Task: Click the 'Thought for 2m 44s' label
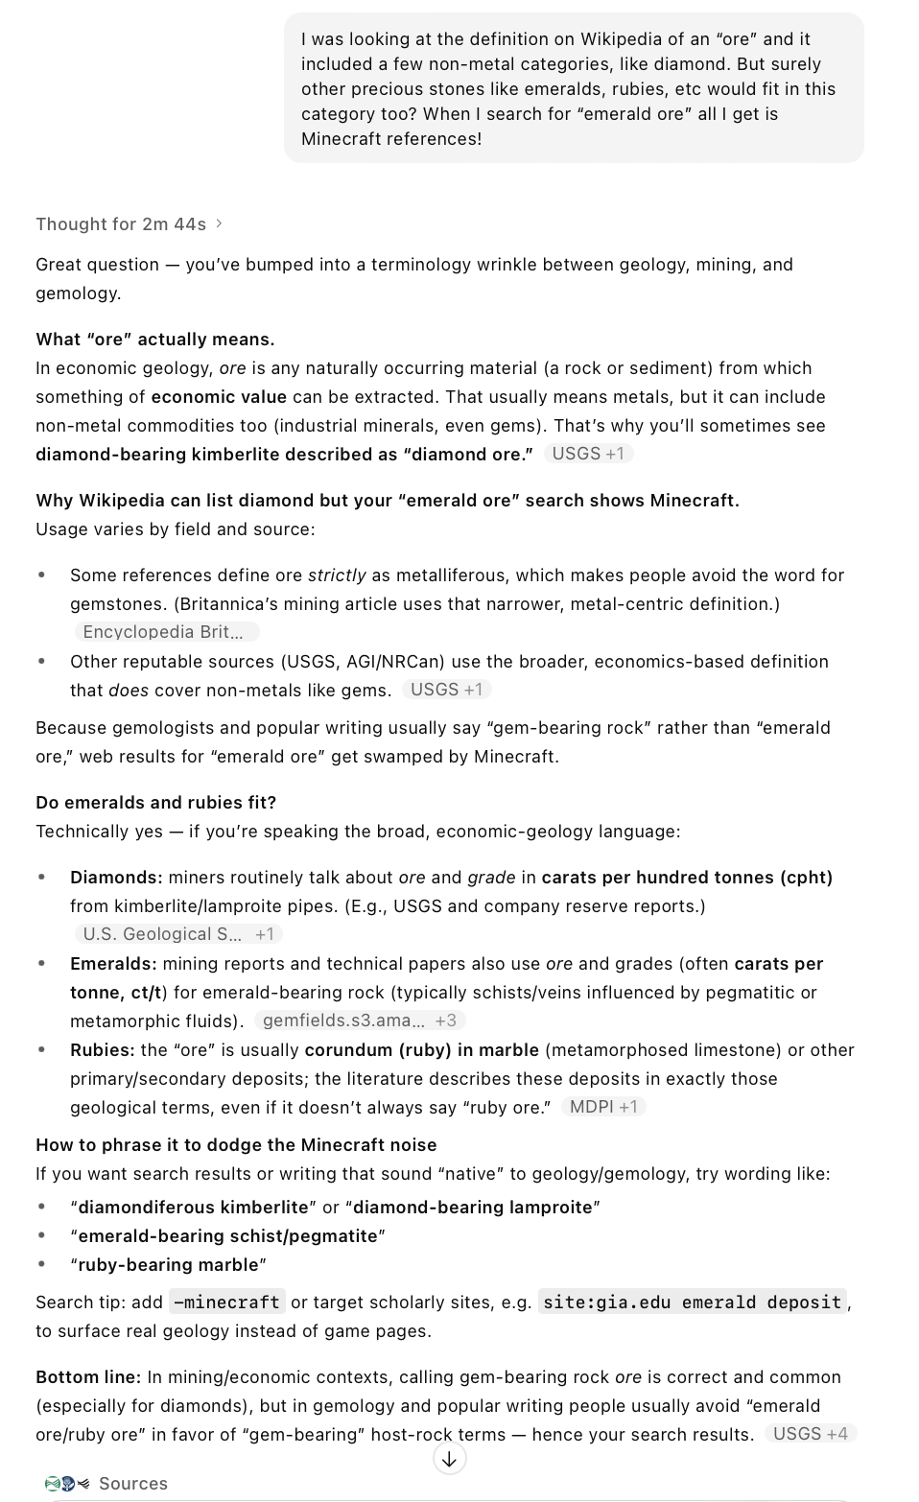(121, 224)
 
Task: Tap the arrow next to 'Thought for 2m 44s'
(220, 223)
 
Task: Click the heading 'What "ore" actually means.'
(154, 340)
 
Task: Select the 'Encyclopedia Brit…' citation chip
(166, 632)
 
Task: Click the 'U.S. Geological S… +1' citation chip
(177, 934)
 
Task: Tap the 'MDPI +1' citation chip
(603, 1107)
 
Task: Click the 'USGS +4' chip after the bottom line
(810, 1434)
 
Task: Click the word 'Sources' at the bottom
(132, 1484)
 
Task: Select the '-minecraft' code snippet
(227, 1303)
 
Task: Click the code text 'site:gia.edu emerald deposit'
(692, 1303)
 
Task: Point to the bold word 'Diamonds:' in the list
(116, 878)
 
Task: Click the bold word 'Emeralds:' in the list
(113, 964)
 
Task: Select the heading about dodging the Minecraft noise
(236, 1145)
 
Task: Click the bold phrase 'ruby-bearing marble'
(168, 1265)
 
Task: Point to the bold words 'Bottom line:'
(88, 1377)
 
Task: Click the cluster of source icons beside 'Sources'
(66, 1484)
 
